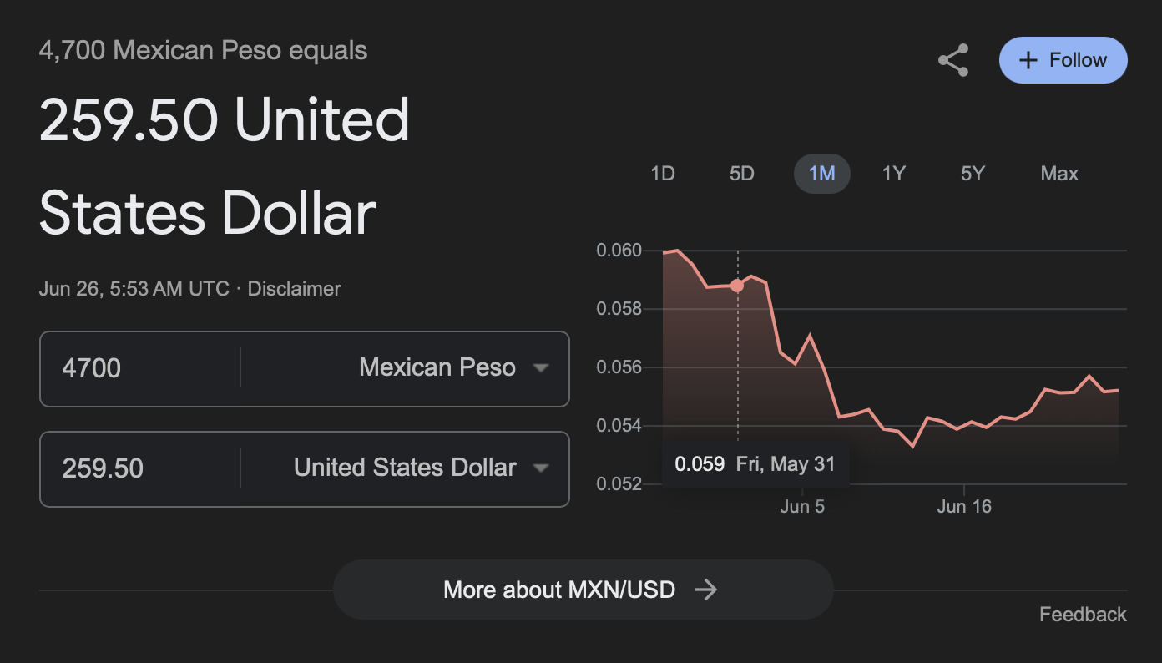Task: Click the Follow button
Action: (1063, 60)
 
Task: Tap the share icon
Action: (953, 60)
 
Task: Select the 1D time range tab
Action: (662, 174)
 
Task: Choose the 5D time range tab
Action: (741, 174)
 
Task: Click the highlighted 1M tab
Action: (821, 174)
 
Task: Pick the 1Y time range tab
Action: (893, 174)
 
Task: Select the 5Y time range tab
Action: (973, 174)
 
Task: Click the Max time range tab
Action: (1059, 174)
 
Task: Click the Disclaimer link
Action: (294, 289)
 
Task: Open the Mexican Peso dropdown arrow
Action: (541, 368)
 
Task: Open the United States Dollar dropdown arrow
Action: (541, 468)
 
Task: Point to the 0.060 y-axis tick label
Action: (619, 251)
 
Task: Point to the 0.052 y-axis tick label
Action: (619, 484)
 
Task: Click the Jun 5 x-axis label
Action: (802, 506)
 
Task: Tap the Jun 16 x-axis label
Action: (964, 506)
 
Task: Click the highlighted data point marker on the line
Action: (737, 286)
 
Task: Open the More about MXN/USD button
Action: (583, 590)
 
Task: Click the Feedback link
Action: (1083, 615)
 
